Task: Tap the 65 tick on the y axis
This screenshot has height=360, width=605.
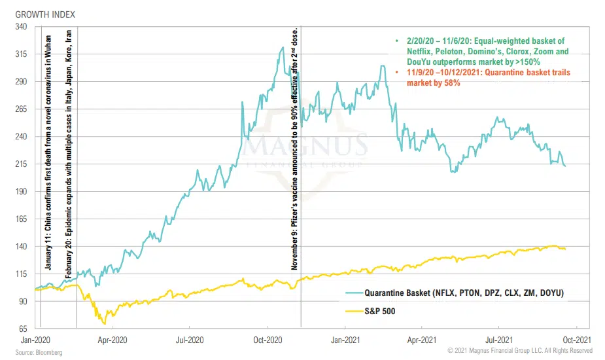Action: (x=22, y=329)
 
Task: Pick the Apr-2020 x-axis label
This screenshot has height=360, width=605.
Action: (x=112, y=340)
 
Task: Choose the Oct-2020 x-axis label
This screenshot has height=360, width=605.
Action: (x=268, y=340)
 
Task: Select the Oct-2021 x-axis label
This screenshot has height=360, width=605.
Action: (x=577, y=340)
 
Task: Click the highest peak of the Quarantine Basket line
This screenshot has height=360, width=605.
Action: (x=283, y=47)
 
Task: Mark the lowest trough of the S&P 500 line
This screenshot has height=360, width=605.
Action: (x=104, y=323)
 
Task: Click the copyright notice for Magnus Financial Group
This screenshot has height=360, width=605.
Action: (x=520, y=351)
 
